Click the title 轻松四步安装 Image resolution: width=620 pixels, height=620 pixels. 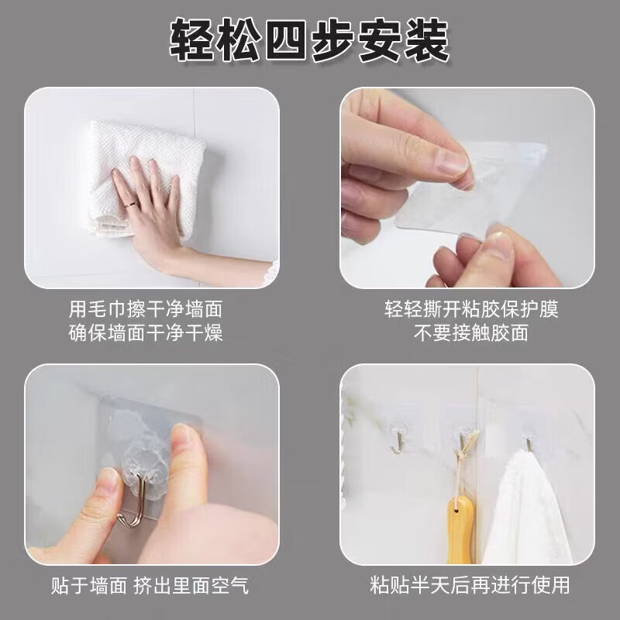[x=309, y=40]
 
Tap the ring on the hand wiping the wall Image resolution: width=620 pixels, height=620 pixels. [x=132, y=205]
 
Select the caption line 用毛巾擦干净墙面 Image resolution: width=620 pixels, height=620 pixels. [x=146, y=308]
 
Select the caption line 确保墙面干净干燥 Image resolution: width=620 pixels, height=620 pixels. [x=146, y=332]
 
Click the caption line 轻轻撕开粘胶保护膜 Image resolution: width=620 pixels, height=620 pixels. [x=471, y=308]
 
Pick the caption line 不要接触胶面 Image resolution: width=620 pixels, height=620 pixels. [x=471, y=332]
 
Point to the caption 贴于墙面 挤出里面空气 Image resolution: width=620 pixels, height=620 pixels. [x=150, y=585]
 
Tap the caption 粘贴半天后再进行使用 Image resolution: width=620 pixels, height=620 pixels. [x=470, y=585]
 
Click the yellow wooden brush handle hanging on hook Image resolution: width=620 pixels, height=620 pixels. [x=460, y=529]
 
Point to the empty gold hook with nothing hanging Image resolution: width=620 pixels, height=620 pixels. [x=398, y=443]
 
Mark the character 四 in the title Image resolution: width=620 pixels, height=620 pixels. [x=286, y=41]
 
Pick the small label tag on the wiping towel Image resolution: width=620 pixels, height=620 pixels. [x=112, y=227]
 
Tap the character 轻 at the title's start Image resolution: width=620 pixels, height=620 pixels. [x=192, y=41]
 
